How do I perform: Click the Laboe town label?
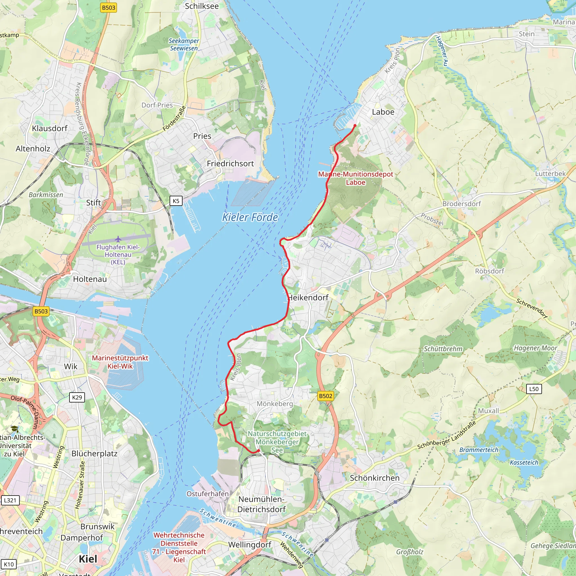pyautogui.click(x=383, y=112)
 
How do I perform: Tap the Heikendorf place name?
pyautogui.click(x=308, y=298)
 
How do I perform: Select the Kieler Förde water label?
pyautogui.click(x=250, y=217)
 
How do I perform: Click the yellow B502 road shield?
pyautogui.click(x=325, y=396)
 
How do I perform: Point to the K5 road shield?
pyautogui.click(x=176, y=201)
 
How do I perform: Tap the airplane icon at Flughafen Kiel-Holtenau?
pyautogui.click(x=118, y=239)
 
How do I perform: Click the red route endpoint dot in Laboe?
pyautogui.click(x=355, y=125)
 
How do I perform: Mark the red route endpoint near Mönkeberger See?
pyautogui.click(x=258, y=451)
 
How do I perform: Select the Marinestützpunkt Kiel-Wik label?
pyautogui.click(x=120, y=362)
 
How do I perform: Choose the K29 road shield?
pyautogui.click(x=77, y=397)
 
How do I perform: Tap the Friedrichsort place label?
pyautogui.click(x=230, y=164)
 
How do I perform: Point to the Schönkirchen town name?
pyautogui.click(x=374, y=478)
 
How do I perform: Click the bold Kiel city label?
pyautogui.click(x=88, y=559)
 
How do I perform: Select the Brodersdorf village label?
pyautogui.click(x=462, y=204)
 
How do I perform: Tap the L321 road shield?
pyautogui.click(x=10, y=500)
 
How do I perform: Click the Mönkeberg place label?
pyautogui.click(x=274, y=404)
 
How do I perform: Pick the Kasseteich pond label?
pyautogui.click(x=524, y=462)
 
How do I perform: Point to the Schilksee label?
pyautogui.click(x=202, y=6)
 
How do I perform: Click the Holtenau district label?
pyautogui.click(x=90, y=279)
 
